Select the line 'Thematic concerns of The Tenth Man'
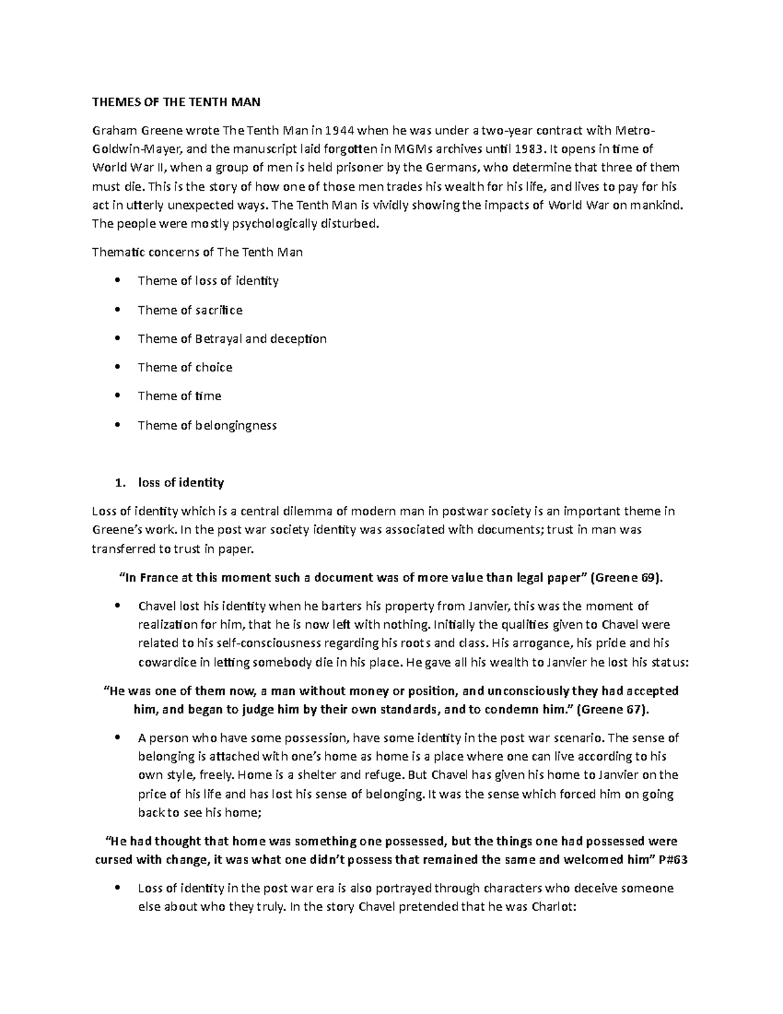[x=197, y=252]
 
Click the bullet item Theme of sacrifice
[x=190, y=310]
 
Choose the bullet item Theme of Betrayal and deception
[x=232, y=339]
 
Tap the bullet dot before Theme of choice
[x=117, y=368]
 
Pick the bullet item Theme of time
[x=179, y=396]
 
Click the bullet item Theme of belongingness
[x=207, y=426]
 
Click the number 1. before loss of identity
[x=118, y=483]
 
